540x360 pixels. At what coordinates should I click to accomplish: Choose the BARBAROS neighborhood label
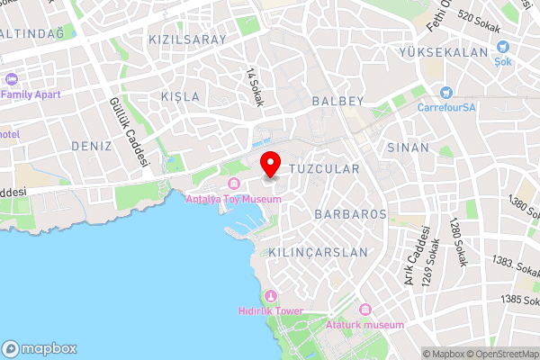(351, 214)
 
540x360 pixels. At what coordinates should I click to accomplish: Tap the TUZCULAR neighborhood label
(323, 168)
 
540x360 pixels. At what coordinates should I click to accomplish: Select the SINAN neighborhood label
(408, 146)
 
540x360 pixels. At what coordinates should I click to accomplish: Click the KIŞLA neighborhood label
(178, 96)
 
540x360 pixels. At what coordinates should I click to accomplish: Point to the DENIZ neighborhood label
(91, 146)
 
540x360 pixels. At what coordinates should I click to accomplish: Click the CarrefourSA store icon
(445, 92)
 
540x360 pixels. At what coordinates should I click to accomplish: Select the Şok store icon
(503, 48)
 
